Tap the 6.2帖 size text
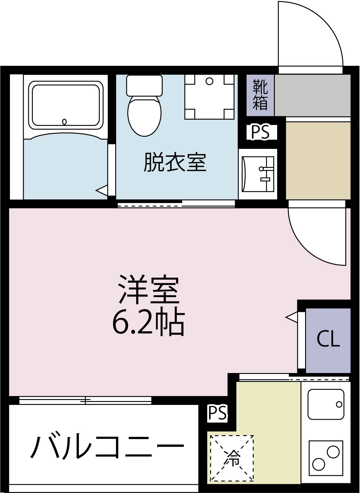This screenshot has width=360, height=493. click(x=149, y=322)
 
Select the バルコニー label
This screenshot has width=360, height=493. click(x=107, y=447)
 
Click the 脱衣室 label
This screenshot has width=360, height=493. click(x=175, y=162)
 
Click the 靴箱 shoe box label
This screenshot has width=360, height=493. click(x=260, y=95)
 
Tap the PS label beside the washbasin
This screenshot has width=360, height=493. click(x=260, y=132)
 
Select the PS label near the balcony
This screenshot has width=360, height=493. click(x=217, y=413)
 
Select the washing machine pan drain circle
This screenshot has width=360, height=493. click(x=209, y=81)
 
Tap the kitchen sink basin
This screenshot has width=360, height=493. click(x=326, y=404)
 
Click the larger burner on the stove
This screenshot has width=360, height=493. click(x=333, y=452)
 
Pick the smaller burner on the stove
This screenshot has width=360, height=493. click(x=318, y=465)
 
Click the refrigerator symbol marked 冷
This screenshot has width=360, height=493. click(x=232, y=457)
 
